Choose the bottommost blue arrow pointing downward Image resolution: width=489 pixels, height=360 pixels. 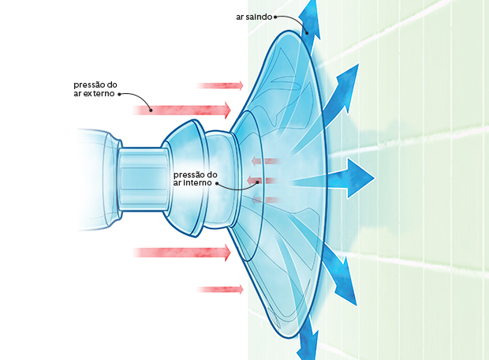(x=308, y=341)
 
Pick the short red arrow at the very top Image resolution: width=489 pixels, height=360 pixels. (x=220, y=85)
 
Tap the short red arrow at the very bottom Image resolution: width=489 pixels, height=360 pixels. (x=220, y=290)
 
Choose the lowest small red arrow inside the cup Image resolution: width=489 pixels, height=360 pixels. (x=265, y=199)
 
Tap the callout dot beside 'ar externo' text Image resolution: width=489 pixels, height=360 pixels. (x=119, y=93)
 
